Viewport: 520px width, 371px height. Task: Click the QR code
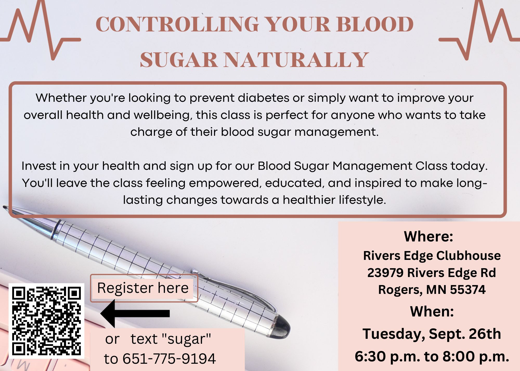click(47, 321)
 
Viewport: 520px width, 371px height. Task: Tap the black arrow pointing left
click(135, 313)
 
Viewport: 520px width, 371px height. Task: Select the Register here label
click(143, 288)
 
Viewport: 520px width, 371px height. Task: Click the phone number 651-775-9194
click(169, 359)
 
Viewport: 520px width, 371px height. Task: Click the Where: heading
click(428, 236)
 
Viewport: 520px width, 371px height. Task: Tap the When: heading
click(432, 311)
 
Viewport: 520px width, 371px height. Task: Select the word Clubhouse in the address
click(468, 255)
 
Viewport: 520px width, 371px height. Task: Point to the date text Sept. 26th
click(465, 334)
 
